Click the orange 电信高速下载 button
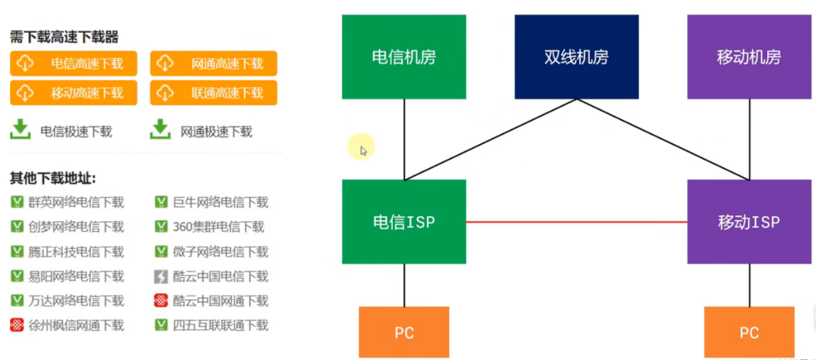tap(74, 64)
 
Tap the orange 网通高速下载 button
tap(213, 64)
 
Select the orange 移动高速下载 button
tap(74, 93)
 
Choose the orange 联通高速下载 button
tap(213, 93)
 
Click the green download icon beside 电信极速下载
tap(21, 129)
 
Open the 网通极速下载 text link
tap(216, 132)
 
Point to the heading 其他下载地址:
tap(52, 178)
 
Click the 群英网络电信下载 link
tap(76, 202)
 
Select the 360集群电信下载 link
tap(218, 227)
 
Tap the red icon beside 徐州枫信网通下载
tap(17, 325)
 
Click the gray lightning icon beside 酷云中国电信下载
tap(161, 276)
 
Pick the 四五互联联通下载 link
tap(220, 325)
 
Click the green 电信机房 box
tap(404, 57)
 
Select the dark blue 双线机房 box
tap(576, 57)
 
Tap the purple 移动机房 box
tap(748, 57)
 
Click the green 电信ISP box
tap(404, 222)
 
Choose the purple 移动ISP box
tap(748, 222)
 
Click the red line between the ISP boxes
tap(577, 222)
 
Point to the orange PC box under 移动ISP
tap(748, 333)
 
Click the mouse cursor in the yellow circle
tap(363, 150)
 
